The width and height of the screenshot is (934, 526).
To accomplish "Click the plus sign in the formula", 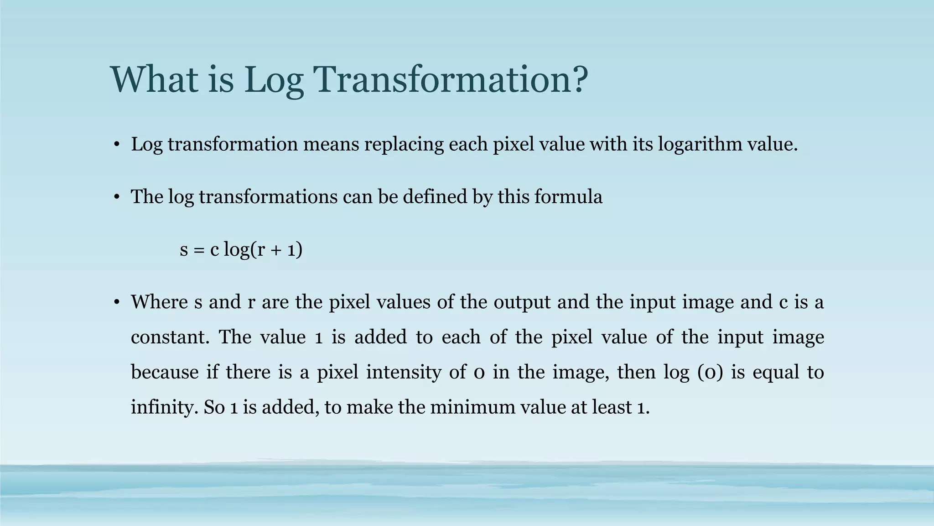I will tap(275, 250).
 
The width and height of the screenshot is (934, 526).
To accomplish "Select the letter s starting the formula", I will tap(184, 250).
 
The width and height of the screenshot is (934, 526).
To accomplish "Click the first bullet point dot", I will tap(117, 145).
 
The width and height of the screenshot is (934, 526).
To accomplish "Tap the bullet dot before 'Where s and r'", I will tap(117, 303).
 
